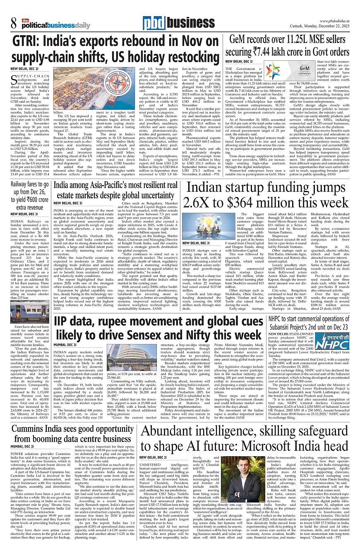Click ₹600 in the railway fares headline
[x=34, y=199]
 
